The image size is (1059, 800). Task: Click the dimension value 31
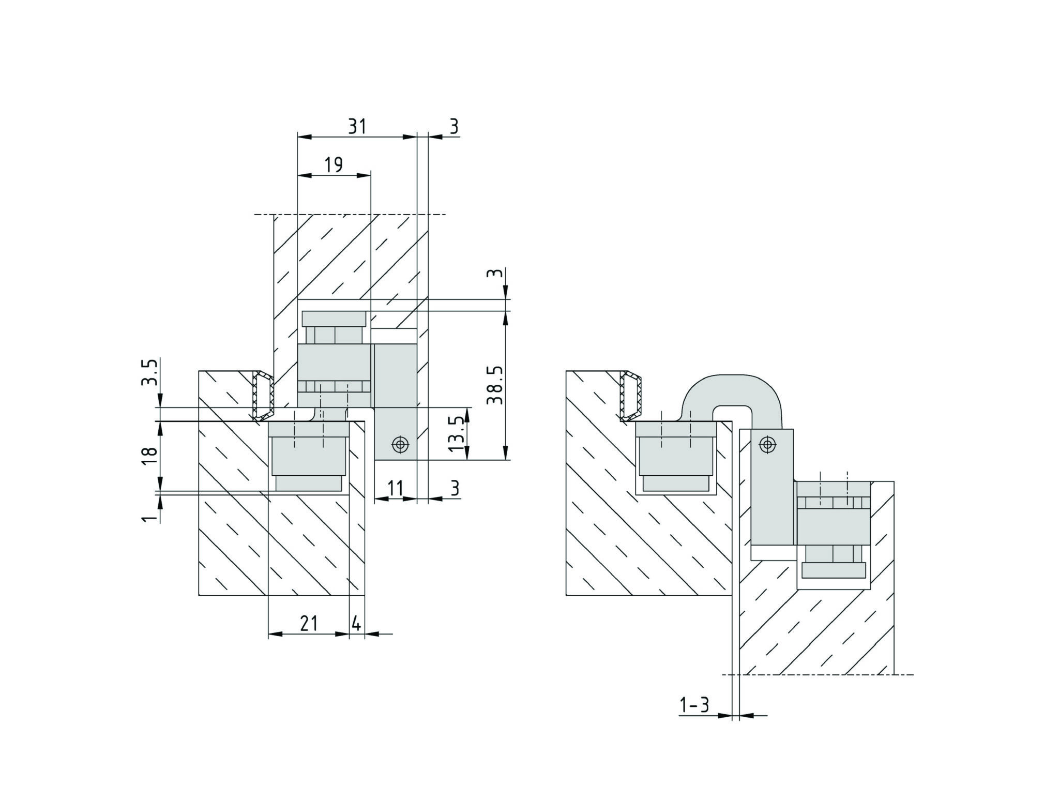coord(357,126)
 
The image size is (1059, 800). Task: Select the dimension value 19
coord(334,165)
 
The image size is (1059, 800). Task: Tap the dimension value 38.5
coord(495,385)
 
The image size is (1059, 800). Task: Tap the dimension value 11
coord(395,488)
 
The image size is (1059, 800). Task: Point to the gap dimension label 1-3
coord(694,705)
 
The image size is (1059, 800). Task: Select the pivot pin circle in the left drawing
coord(400,444)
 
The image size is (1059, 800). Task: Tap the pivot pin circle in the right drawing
coord(768,444)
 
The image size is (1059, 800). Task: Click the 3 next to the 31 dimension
coord(453,126)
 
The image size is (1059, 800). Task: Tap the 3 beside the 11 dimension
coord(454,488)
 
